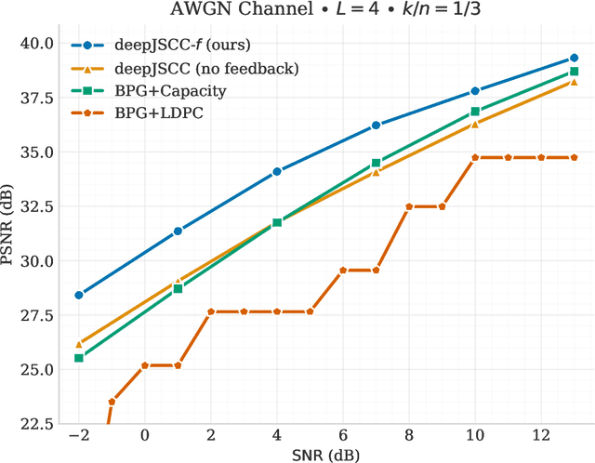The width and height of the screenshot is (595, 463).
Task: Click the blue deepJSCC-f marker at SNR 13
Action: click(x=574, y=59)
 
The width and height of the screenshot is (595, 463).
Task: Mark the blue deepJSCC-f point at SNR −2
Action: click(x=79, y=295)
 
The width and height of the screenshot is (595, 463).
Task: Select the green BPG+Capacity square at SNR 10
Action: click(x=475, y=112)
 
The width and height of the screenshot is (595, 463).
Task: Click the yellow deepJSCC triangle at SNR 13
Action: click(x=574, y=82)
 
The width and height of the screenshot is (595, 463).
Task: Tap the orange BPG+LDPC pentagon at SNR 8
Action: click(x=409, y=206)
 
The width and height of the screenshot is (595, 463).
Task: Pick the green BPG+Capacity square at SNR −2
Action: click(x=79, y=358)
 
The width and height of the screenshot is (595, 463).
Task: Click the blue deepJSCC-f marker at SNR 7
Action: click(x=376, y=125)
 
